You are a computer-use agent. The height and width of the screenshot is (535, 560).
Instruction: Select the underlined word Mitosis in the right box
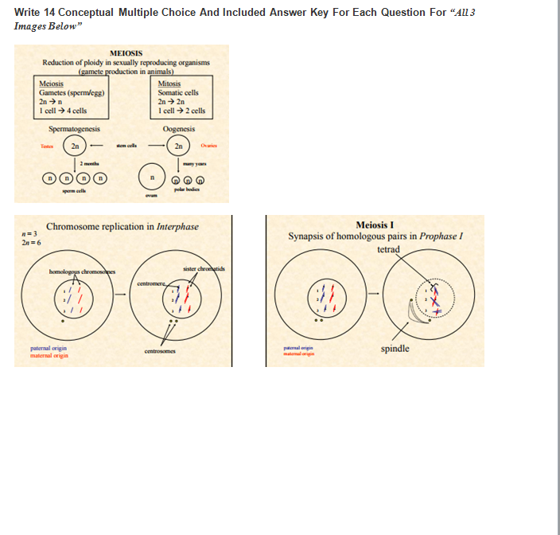169,84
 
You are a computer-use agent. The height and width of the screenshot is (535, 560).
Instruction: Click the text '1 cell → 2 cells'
181,110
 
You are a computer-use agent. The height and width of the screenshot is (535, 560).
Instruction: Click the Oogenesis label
179,129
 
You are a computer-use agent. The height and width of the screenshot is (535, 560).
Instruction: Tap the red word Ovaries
208,146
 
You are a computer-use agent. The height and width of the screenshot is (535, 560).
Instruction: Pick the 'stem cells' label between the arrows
126,146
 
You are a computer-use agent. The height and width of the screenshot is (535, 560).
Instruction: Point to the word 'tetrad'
388,249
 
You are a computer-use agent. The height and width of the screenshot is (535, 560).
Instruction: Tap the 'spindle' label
395,349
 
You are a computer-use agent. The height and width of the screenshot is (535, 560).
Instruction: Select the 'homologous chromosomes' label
82,271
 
